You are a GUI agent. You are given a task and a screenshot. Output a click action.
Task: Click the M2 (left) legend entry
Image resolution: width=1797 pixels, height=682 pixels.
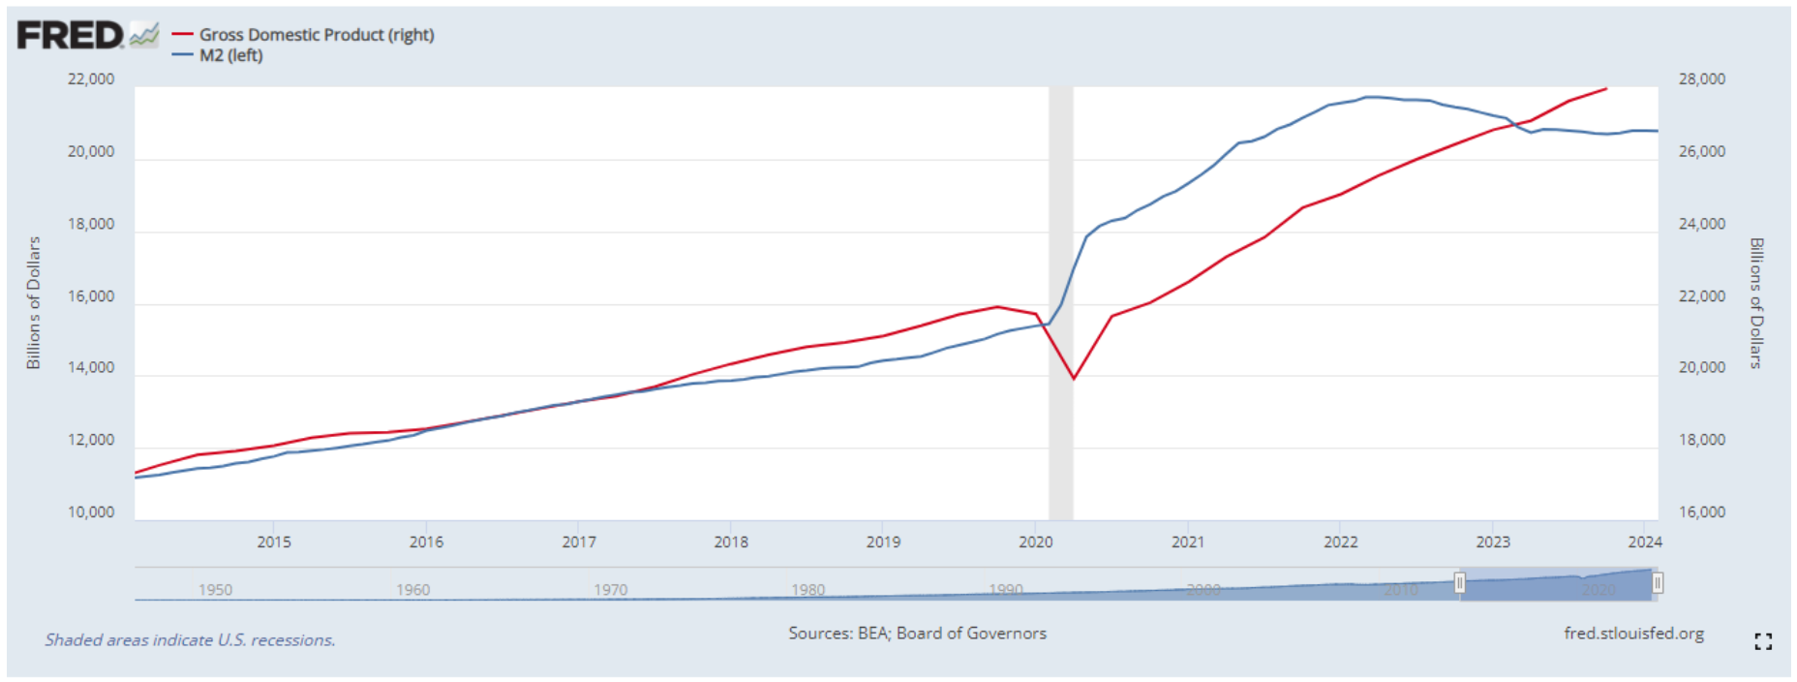pyautogui.click(x=230, y=55)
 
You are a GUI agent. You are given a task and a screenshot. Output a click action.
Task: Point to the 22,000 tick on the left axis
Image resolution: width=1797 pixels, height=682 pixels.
pyautogui.click(x=91, y=79)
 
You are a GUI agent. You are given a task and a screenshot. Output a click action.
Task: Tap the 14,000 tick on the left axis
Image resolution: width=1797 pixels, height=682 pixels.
pyautogui.click(x=91, y=368)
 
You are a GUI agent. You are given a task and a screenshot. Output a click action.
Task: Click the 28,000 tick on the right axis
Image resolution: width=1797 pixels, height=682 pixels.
pyautogui.click(x=1701, y=79)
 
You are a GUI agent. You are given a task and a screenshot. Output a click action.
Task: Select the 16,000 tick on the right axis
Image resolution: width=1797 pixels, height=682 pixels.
pyautogui.click(x=1701, y=512)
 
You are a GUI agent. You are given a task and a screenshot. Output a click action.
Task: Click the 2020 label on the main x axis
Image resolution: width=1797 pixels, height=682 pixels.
pyautogui.click(x=1035, y=542)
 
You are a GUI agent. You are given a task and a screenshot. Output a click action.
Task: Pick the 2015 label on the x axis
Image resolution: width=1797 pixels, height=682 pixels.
pyautogui.click(x=274, y=542)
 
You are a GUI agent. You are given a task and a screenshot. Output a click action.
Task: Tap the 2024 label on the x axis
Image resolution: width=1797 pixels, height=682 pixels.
pyautogui.click(x=1644, y=542)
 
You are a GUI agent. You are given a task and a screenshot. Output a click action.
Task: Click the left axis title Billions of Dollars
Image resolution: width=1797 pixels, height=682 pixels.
pyautogui.click(x=34, y=302)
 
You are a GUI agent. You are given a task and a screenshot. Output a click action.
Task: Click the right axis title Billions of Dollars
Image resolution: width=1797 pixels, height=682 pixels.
pyautogui.click(x=1756, y=302)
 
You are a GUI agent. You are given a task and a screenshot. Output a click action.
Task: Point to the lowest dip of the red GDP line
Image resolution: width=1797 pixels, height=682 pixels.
pyautogui.click(x=1073, y=378)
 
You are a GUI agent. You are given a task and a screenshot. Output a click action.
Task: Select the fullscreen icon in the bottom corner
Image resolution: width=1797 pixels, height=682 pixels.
pyautogui.click(x=1763, y=641)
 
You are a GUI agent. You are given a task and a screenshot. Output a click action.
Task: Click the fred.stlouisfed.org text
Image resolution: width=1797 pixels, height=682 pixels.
pyautogui.click(x=1633, y=634)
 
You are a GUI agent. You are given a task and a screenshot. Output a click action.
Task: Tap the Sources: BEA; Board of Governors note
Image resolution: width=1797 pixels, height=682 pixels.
pyautogui.click(x=917, y=634)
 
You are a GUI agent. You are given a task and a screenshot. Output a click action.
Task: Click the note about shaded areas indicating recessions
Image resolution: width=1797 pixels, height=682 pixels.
pyautogui.click(x=190, y=640)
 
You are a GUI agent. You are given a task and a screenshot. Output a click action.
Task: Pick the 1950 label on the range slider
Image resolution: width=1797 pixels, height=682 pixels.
pyautogui.click(x=215, y=590)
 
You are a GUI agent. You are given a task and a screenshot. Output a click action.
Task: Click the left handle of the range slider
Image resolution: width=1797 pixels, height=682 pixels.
pyautogui.click(x=1459, y=583)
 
